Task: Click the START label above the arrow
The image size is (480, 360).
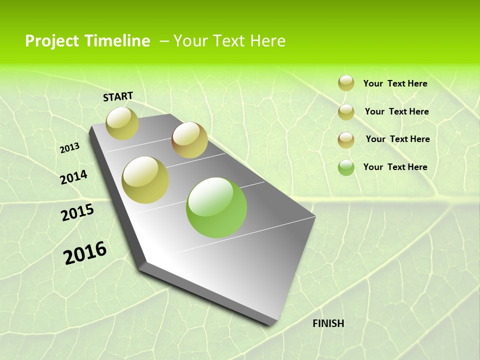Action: [x=118, y=96]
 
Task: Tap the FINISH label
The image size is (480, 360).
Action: [x=328, y=323]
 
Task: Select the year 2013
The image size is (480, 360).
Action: [x=69, y=147]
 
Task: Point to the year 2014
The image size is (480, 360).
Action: [x=74, y=177]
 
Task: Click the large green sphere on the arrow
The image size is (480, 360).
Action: [x=216, y=207]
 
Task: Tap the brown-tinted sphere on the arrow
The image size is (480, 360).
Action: [x=189, y=140]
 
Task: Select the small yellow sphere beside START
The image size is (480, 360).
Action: [x=122, y=123]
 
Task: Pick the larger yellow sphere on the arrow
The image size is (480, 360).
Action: [x=145, y=180]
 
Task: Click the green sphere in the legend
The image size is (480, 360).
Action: [x=346, y=167]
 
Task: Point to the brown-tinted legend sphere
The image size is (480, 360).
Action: [x=346, y=139]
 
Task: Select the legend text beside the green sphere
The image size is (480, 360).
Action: [x=395, y=167]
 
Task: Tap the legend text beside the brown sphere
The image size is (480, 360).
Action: [x=397, y=139]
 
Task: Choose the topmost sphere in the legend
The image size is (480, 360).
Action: [x=346, y=83]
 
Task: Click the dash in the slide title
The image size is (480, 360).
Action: [x=164, y=41]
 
